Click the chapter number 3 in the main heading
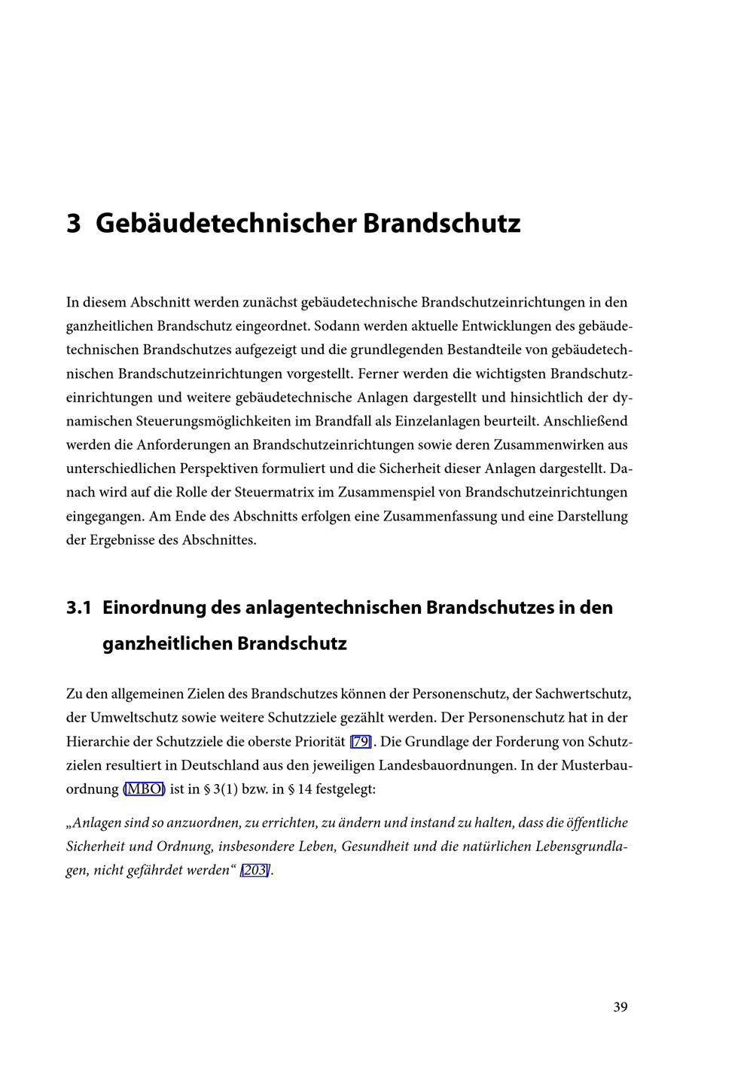[x=73, y=224]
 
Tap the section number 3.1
[x=78, y=608]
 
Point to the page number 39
[x=620, y=1007]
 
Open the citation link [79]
[x=361, y=742]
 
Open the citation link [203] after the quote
[x=255, y=871]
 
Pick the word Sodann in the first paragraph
[x=334, y=327]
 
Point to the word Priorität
[x=318, y=742]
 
